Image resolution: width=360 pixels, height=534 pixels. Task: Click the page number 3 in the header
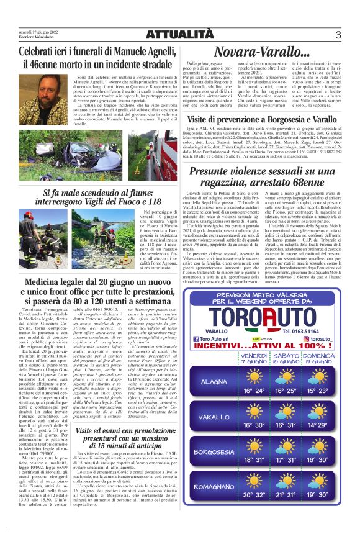pos(338,35)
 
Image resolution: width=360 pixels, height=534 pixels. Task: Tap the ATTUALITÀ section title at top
pos(179,35)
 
